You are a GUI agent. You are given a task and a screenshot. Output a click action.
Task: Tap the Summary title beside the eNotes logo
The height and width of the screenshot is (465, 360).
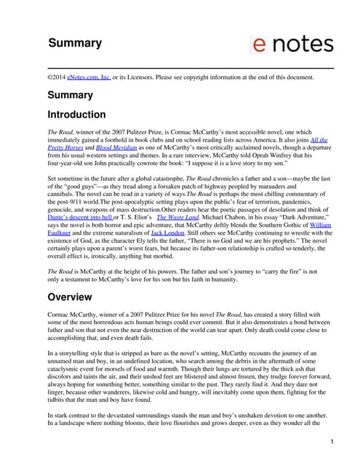tap(75, 43)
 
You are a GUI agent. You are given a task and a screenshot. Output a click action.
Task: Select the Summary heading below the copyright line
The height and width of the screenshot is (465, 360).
tap(71, 95)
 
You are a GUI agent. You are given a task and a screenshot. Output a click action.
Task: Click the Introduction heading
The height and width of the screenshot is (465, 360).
tap(76, 115)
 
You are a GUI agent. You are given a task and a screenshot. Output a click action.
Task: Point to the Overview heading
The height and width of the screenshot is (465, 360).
tap(70, 296)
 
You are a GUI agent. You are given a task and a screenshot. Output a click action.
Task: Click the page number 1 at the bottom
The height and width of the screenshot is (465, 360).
tap(332, 441)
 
